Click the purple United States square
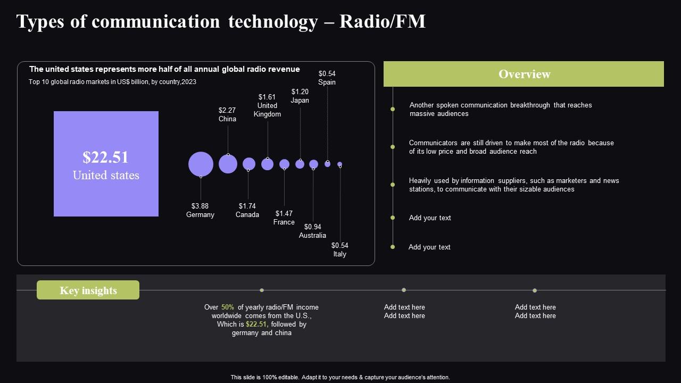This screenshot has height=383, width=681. click(106, 164)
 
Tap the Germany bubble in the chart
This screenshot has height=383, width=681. click(201, 164)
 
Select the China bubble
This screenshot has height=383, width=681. click(228, 164)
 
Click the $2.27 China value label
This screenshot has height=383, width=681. click(227, 111)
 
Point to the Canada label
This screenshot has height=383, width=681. click(247, 215)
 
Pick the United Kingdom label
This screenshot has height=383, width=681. click(267, 110)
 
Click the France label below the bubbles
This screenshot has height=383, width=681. click(284, 222)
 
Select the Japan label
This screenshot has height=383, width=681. click(300, 101)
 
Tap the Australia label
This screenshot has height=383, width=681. click(312, 236)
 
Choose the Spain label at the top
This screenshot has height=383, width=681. click(327, 82)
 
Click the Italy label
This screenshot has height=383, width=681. click(340, 254)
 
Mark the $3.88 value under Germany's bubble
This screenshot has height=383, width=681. click(200, 206)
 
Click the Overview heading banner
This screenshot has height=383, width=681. click(524, 74)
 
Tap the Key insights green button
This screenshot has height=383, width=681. click(88, 290)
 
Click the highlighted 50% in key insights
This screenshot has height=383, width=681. click(228, 307)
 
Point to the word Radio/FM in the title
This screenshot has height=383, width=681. click(383, 22)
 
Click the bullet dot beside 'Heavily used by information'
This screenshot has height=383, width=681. click(393, 185)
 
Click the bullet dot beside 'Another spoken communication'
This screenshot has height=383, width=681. click(393, 109)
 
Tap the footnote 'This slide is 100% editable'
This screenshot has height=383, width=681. click(340, 377)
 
